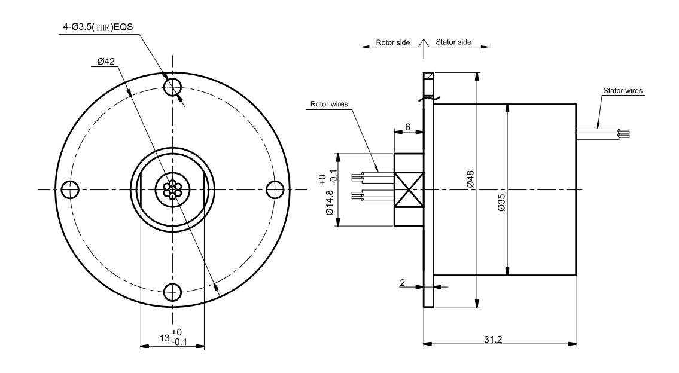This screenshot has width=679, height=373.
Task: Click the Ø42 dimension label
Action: [x=106, y=62]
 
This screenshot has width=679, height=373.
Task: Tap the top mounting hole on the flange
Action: [x=172, y=87]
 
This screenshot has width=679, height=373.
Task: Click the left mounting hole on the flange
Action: [x=69, y=189]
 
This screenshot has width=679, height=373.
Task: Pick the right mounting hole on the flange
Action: [x=274, y=189]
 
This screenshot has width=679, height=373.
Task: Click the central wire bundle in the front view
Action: [x=172, y=189]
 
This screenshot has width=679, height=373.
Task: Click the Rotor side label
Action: [x=393, y=43]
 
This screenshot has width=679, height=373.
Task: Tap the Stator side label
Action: [x=453, y=43]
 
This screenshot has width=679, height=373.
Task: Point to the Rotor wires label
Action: [x=328, y=104]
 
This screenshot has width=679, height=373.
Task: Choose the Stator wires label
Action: [x=620, y=91]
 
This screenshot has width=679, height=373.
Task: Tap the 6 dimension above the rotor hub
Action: [x=407, y=127]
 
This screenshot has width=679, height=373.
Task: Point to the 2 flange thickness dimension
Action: [x=403, y=283]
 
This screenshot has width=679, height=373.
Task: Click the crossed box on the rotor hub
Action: [x=409, y=189]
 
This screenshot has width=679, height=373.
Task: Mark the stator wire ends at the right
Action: [x=626, y=133]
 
